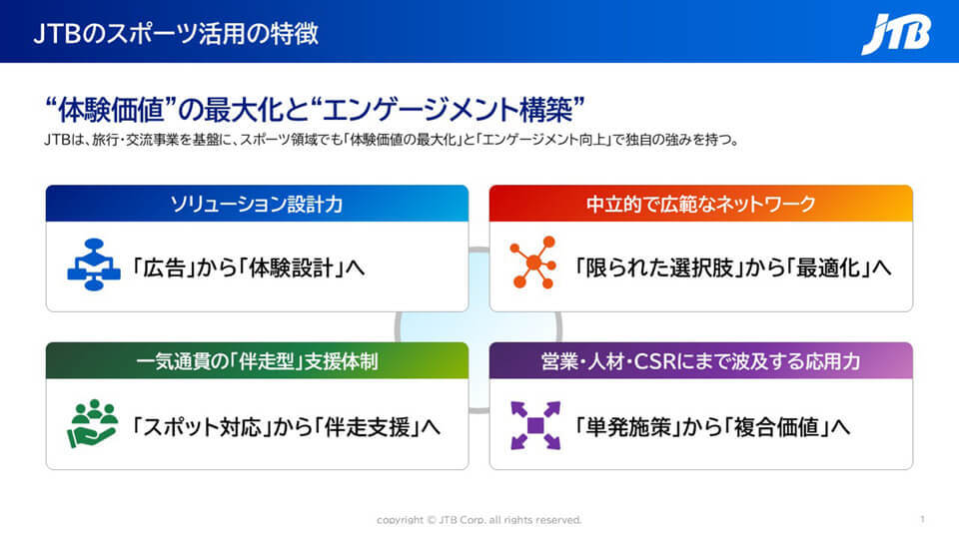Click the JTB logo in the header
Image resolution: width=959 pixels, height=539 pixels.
tap(896, 34)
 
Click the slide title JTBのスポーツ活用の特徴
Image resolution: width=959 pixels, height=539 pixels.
tap(176, 34)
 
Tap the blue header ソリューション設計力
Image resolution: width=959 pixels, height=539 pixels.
tap(257, 204)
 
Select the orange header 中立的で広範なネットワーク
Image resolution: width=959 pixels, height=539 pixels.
tap(701, 204)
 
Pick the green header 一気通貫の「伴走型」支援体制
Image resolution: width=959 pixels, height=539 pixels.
tap(257, 361)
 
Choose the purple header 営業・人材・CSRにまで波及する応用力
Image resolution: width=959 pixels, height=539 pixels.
tap(701, 361)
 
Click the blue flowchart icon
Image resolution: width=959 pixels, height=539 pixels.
tap(94, 265)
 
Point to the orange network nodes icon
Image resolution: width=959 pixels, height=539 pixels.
tap(533, 263)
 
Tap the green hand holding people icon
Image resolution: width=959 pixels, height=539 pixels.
tap(92, 423)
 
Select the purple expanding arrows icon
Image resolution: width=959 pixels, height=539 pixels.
tap(535, 425)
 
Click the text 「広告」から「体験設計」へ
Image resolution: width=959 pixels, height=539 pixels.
tap(249, 268)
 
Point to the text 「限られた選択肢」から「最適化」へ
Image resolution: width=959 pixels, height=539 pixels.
tap(732, 268)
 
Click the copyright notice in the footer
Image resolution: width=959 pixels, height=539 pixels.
tap(479, 520)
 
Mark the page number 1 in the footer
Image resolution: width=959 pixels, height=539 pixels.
tap(922, 519)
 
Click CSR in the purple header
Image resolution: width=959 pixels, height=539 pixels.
tap(655, 361)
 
